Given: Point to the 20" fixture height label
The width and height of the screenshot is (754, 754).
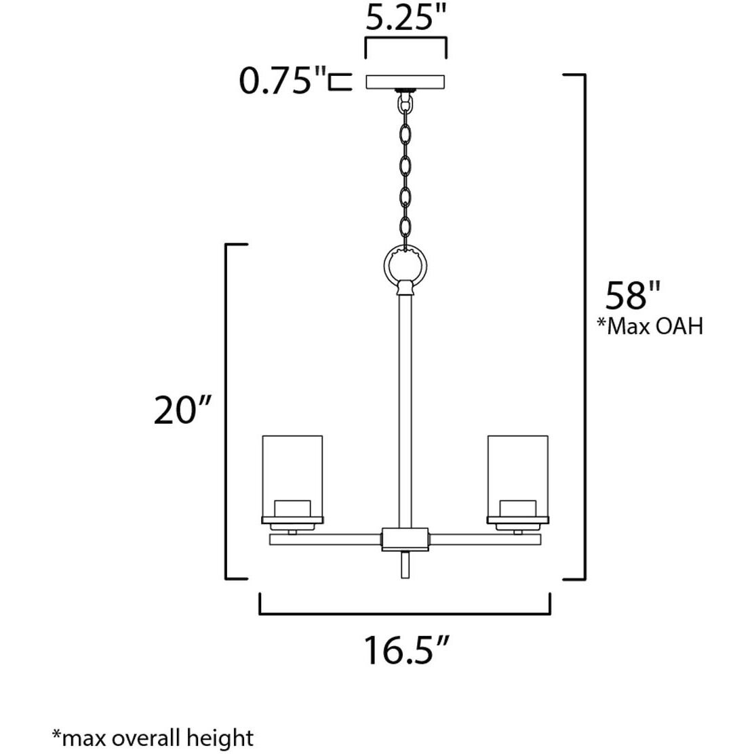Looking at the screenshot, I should (x=184, y=410).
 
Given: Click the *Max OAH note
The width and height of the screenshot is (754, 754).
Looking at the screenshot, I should (x=650, y=327).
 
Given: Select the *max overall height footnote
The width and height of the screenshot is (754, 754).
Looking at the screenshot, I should (x=153, y=737).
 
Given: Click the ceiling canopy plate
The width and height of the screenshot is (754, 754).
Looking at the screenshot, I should (x=406, y=82).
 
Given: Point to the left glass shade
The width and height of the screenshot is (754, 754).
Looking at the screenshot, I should (x=292, y=475).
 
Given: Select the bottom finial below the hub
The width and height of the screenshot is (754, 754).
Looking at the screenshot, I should (x=405, y=564).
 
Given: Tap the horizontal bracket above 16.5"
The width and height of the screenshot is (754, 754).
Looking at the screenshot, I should (x=405, y=612).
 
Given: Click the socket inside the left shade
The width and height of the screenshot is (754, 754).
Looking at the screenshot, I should (x=292, y=509).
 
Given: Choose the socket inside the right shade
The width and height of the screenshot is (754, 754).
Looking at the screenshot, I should (x=518, y=509).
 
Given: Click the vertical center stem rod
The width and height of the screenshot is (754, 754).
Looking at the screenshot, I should (x=405, y=407).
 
